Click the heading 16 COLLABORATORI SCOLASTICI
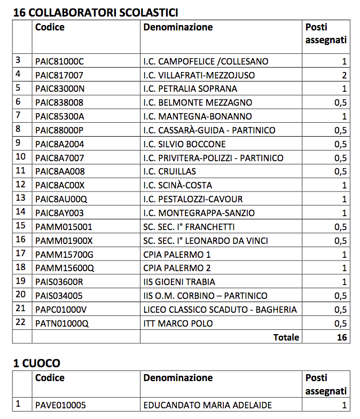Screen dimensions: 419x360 point(96,12)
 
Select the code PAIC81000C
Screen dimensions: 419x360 point(59,61)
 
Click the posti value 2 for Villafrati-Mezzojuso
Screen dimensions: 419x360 point(344,75)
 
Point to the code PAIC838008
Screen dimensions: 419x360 point(59,102)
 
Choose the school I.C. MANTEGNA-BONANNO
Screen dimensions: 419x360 point(198,116)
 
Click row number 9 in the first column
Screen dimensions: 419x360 point(19,143)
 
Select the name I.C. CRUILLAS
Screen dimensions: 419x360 point(169,171)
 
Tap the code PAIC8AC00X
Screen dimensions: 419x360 point(60,185)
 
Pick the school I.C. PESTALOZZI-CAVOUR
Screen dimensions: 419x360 point(193,199)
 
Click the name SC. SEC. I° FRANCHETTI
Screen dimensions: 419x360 point(189,227)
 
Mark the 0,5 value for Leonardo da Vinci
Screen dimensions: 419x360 point(340,241)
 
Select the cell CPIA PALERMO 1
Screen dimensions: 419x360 point(177,255)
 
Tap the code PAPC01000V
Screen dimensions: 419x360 point(61,310)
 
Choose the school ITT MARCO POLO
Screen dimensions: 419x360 point(178,323)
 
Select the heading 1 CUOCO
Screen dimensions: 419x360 point(36,363)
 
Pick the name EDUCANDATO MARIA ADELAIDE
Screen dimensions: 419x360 point(207,405)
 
